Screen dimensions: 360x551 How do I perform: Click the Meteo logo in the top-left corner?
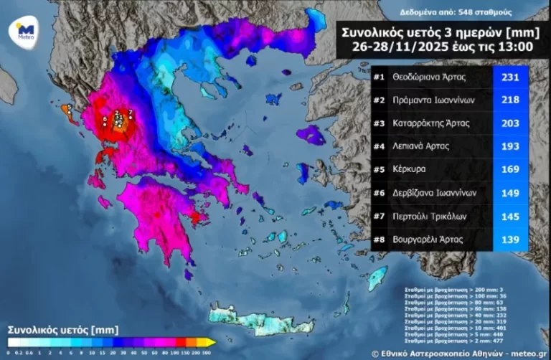[25, 30]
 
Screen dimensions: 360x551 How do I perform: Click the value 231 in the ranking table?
[510, 76]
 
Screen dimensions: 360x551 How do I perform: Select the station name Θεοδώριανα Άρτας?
[431, 76]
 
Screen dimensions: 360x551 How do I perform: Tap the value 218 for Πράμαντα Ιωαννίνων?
[510, 100]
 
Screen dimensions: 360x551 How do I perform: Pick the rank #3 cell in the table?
[380, 123]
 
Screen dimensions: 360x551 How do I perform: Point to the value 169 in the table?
[510, 169]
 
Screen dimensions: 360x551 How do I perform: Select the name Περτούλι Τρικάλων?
[429, 216]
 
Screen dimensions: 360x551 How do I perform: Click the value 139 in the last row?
[510, 239]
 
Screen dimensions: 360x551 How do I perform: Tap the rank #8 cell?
[380, 239]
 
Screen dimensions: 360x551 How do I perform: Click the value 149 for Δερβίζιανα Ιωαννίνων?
[510, 192]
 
